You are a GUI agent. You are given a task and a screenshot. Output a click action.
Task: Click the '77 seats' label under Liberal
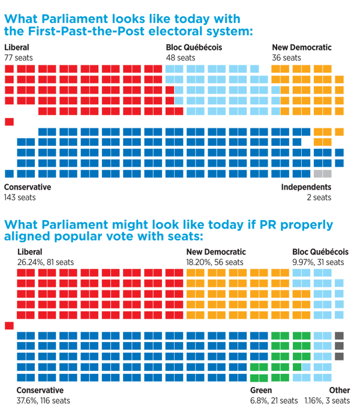coord(18,58)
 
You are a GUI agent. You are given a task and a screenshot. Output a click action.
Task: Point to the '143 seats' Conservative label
coord(20,197)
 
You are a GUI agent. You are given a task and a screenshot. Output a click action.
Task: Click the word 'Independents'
coord(306,187)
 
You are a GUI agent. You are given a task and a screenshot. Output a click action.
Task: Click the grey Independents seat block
coord(323,174)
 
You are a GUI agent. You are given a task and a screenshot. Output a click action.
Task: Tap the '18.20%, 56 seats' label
coord(215,262)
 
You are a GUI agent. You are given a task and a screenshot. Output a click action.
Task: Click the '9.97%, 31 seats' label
coord(318,262)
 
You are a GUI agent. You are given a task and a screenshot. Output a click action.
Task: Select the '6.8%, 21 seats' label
coord(274,400)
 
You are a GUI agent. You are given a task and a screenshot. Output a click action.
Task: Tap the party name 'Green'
coord(261,391)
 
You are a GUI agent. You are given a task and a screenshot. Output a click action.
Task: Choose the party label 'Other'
coord(339,391)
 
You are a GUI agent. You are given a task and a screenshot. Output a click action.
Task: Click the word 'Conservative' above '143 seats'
coord(27,187)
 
